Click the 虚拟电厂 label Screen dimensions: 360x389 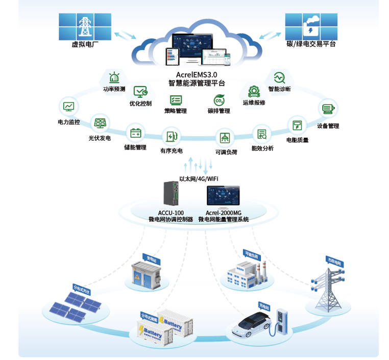[x=85, y=44]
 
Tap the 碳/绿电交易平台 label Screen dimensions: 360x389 [x=311, y=44]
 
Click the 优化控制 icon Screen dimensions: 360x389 [x=140, y=92]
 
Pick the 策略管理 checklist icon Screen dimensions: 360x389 [x=176, y=100]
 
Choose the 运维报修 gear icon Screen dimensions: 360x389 [x=253, y=91]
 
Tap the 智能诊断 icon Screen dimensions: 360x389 [x=279, y=78]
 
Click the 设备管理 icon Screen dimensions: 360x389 [x=328, y=109]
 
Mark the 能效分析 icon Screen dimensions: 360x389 [x=262, y=134]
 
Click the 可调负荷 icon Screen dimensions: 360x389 [x=225, y=138]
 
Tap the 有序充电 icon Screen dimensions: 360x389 [x=171, y=137]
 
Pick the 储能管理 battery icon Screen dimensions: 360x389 [x=135, y=134]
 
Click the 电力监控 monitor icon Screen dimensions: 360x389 [x=69, y=107]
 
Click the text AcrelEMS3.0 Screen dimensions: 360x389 [x=197, y=74]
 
